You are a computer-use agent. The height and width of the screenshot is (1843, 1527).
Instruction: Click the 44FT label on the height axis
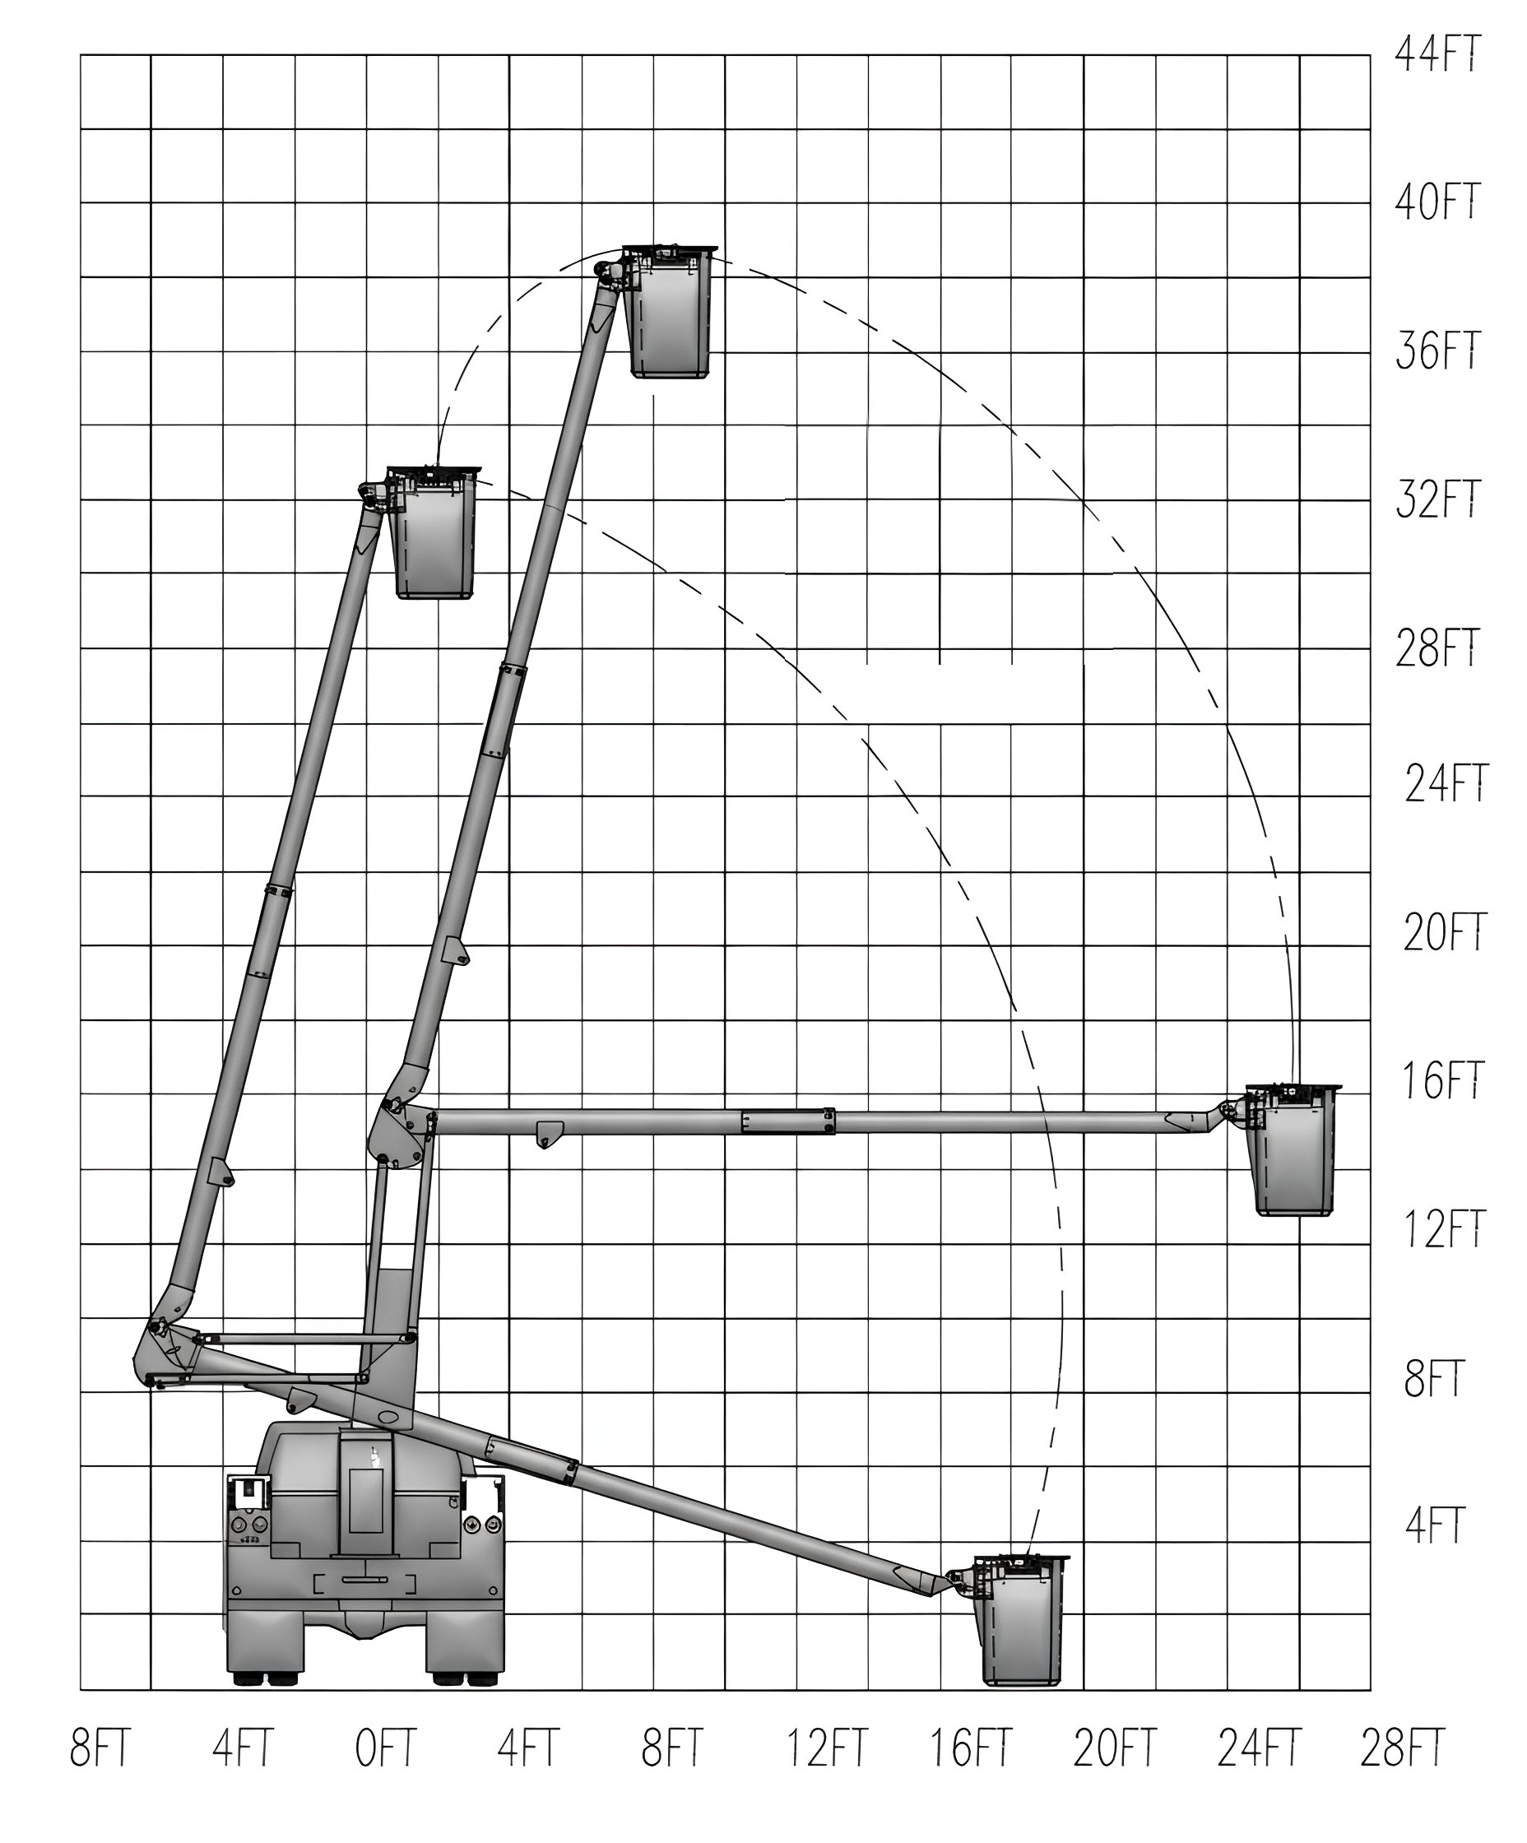1437,53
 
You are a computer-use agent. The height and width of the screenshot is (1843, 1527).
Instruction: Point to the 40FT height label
1437,202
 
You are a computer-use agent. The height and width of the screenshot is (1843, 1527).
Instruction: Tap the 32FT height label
1437,499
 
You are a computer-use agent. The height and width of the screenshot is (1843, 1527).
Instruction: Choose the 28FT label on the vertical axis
1437,648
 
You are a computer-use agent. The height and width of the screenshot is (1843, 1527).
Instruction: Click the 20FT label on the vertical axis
1445,933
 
